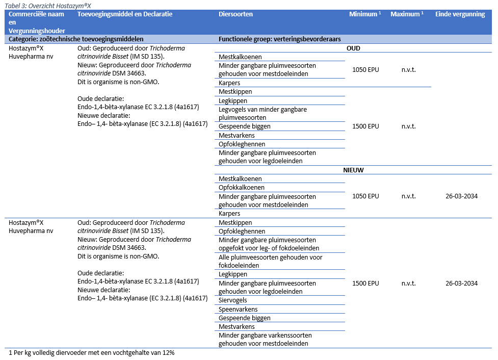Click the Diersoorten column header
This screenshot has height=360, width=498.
tap(235, 14)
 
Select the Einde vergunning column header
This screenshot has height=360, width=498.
tap(460, 14)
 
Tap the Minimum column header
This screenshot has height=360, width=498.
tap(365, 14)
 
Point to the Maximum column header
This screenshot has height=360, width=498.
tap(407, 14)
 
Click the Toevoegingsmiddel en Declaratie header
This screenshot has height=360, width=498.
tap(125, 14)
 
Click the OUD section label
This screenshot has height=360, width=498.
tap(353, 48)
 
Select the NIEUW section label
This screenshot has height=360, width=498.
tap(353, 170)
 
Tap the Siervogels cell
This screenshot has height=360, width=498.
tap(232, 301)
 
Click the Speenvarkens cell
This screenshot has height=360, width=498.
tap(238, 310)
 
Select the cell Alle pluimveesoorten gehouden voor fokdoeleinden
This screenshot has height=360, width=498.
tap(270, 262)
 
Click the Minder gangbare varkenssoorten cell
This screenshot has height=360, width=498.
tap(265, 339)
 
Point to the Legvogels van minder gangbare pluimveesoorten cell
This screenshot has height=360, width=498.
tap(263, 113)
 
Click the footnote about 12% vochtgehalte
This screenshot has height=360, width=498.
tap(92, 353)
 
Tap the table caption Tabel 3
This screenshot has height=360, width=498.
tap(50, 5)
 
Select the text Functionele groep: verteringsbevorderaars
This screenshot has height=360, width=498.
tap(279, 39)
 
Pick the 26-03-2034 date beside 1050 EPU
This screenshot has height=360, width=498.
tap(461, 196)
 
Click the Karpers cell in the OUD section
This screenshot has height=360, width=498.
tap(229, 83)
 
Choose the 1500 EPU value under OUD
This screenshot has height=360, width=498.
tap(365, 126)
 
